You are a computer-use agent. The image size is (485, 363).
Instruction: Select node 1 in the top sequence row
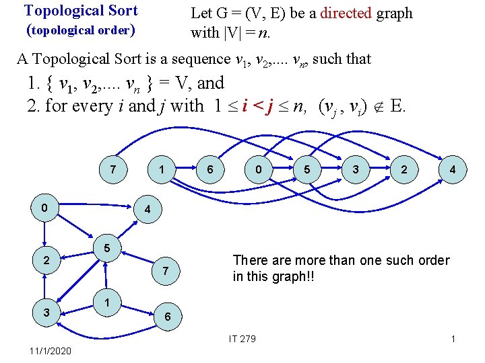click(162, 170)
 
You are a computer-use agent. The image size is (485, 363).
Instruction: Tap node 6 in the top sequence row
click(211, 170)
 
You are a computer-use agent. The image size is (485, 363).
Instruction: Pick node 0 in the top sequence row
click(259, 170)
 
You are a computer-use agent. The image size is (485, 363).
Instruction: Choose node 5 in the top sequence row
click(307, 170)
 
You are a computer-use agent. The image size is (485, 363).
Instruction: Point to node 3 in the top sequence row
click(356, 170)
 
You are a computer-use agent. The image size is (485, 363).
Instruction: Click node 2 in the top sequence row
click(403, 170)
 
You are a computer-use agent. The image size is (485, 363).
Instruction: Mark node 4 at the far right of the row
click(453, 170)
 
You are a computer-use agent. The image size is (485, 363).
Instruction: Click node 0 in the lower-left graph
click(44, 208)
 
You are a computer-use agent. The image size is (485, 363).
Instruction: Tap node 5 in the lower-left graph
click(106, 247)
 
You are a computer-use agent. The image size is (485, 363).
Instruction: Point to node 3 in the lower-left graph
click(44, 312)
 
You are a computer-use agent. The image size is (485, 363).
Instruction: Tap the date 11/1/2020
click(50, 351)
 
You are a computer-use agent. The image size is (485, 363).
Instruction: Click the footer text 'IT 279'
click(243, 338)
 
